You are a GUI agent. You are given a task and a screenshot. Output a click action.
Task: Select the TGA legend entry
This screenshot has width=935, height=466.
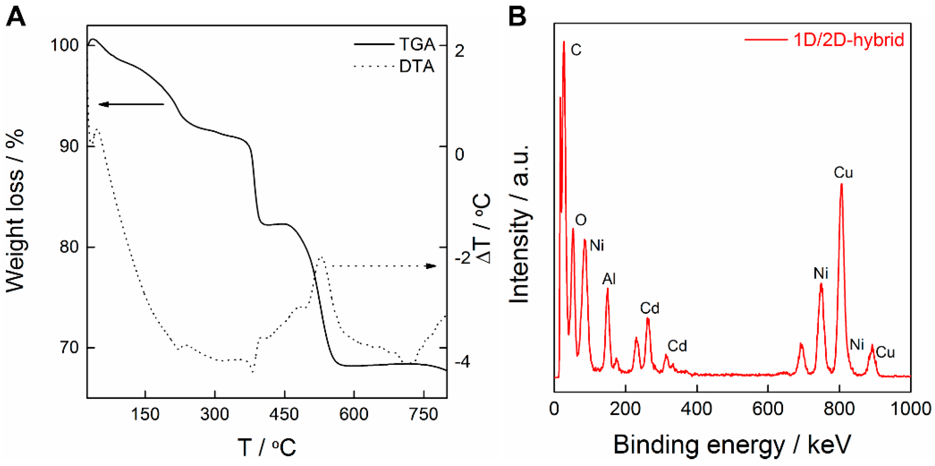417,45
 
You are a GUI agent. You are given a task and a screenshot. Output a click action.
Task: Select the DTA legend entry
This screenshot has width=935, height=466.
417,66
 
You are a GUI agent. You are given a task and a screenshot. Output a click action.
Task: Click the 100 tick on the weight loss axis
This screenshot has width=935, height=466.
64,45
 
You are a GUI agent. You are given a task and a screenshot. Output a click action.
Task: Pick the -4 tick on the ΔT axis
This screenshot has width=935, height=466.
462,362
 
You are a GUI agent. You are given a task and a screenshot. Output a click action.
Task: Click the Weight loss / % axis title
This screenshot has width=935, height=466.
15,211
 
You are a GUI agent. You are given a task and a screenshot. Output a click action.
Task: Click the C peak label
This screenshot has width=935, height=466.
576,50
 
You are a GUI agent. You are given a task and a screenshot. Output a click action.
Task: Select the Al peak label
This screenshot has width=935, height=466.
609,279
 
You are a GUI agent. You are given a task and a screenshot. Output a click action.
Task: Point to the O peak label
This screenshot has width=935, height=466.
581,220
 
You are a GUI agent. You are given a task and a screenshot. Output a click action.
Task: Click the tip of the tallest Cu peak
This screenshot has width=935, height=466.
841,185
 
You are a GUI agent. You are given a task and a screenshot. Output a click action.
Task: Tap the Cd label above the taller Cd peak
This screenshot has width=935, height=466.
649,308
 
